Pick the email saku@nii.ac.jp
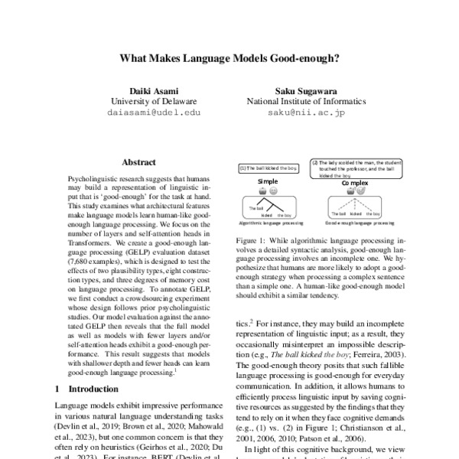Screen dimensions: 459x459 (301, 112)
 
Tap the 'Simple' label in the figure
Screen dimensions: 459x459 (268, 181)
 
